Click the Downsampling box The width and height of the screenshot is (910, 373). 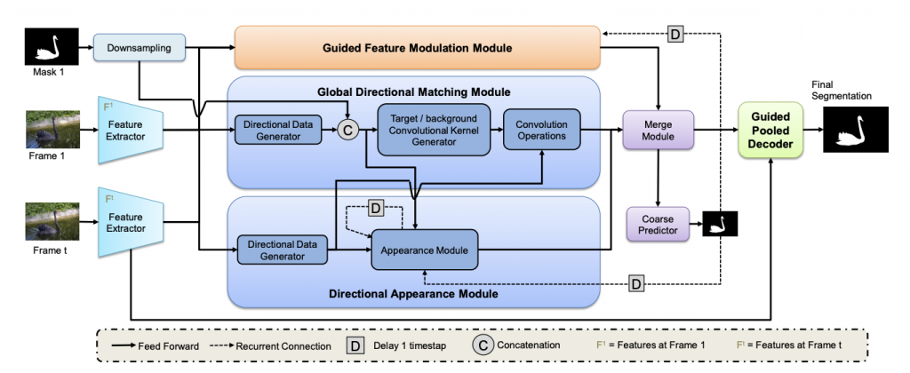tap(139, 47)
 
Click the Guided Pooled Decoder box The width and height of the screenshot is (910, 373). tap(770, 130)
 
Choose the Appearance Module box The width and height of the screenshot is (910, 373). tap(425, 250)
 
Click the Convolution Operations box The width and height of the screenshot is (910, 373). tap(541, 131)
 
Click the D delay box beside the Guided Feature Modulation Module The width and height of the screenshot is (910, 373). tap(675, 35)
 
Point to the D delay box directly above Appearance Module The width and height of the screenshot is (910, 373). tap(375, 208)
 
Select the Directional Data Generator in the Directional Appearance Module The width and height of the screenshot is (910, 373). tap(282, 250)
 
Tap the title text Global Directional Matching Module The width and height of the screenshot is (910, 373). tap(413, 91)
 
